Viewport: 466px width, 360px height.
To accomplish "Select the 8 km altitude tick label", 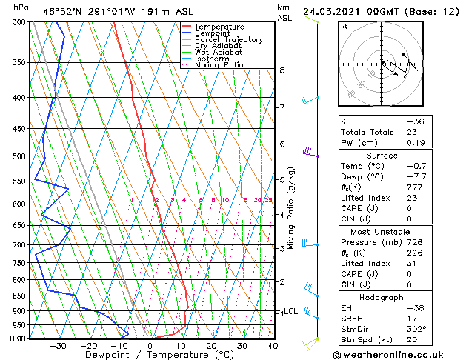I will pos(282,70).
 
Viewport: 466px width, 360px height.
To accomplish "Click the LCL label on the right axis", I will pos(291,312).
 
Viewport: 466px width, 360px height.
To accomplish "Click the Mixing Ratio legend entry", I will pos(219,65).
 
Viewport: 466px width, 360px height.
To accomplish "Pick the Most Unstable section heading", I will pos(382,231).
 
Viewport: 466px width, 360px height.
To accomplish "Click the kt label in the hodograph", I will pos(344,27).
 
